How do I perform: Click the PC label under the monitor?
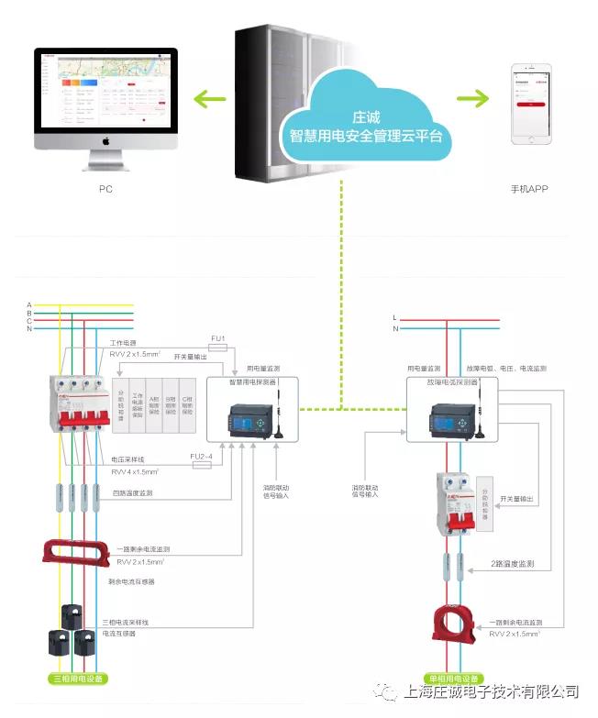pyautogui.click(x=105, y=190)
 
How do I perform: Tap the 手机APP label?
pyautogui.click(x=527, y=190)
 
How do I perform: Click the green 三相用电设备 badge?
pyautogui.click(x=79, y=679)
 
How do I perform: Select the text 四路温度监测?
pyautogui.click(x=134, y=492)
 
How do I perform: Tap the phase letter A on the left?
pyautogui.click(x=29, y=304)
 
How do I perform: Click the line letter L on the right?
pyautogui.click(x=395, y=317)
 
